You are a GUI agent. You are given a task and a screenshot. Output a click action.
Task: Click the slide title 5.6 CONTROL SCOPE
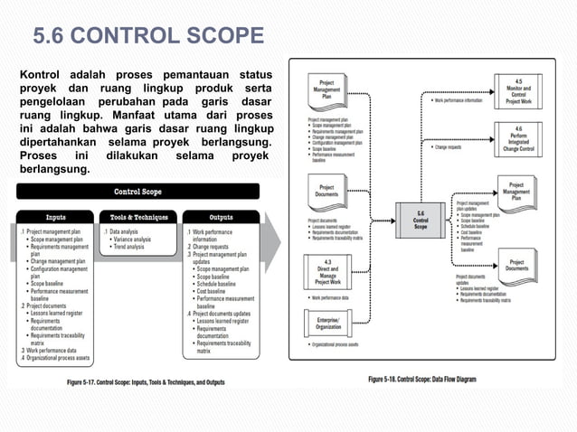pos(148,36)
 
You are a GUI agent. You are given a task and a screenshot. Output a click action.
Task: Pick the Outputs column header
pos(221,217)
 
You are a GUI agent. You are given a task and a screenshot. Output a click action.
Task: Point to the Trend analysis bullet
pos(128,247)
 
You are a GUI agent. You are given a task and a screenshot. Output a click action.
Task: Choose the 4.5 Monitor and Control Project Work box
pos(518,91)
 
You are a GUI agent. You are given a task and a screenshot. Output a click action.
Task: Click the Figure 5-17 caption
pos(147,382)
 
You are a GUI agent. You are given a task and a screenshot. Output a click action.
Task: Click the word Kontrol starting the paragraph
pos(41,72)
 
